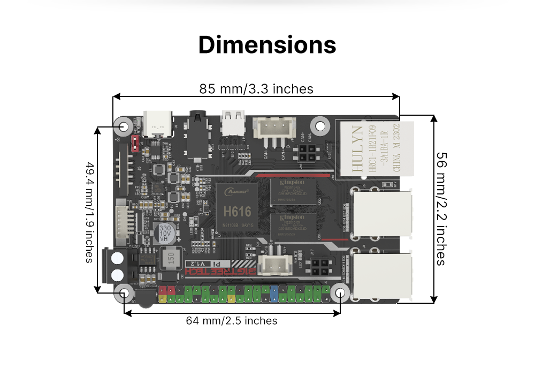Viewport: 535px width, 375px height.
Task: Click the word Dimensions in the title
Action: (267, 45)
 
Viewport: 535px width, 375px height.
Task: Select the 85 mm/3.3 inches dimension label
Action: (256, 88)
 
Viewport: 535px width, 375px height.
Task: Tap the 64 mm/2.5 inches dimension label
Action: (232, 321)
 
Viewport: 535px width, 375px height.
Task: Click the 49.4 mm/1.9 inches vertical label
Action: (89, 212)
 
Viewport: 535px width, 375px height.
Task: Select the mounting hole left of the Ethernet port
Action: (320, 126)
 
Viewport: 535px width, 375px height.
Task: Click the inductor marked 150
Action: (172, 260)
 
